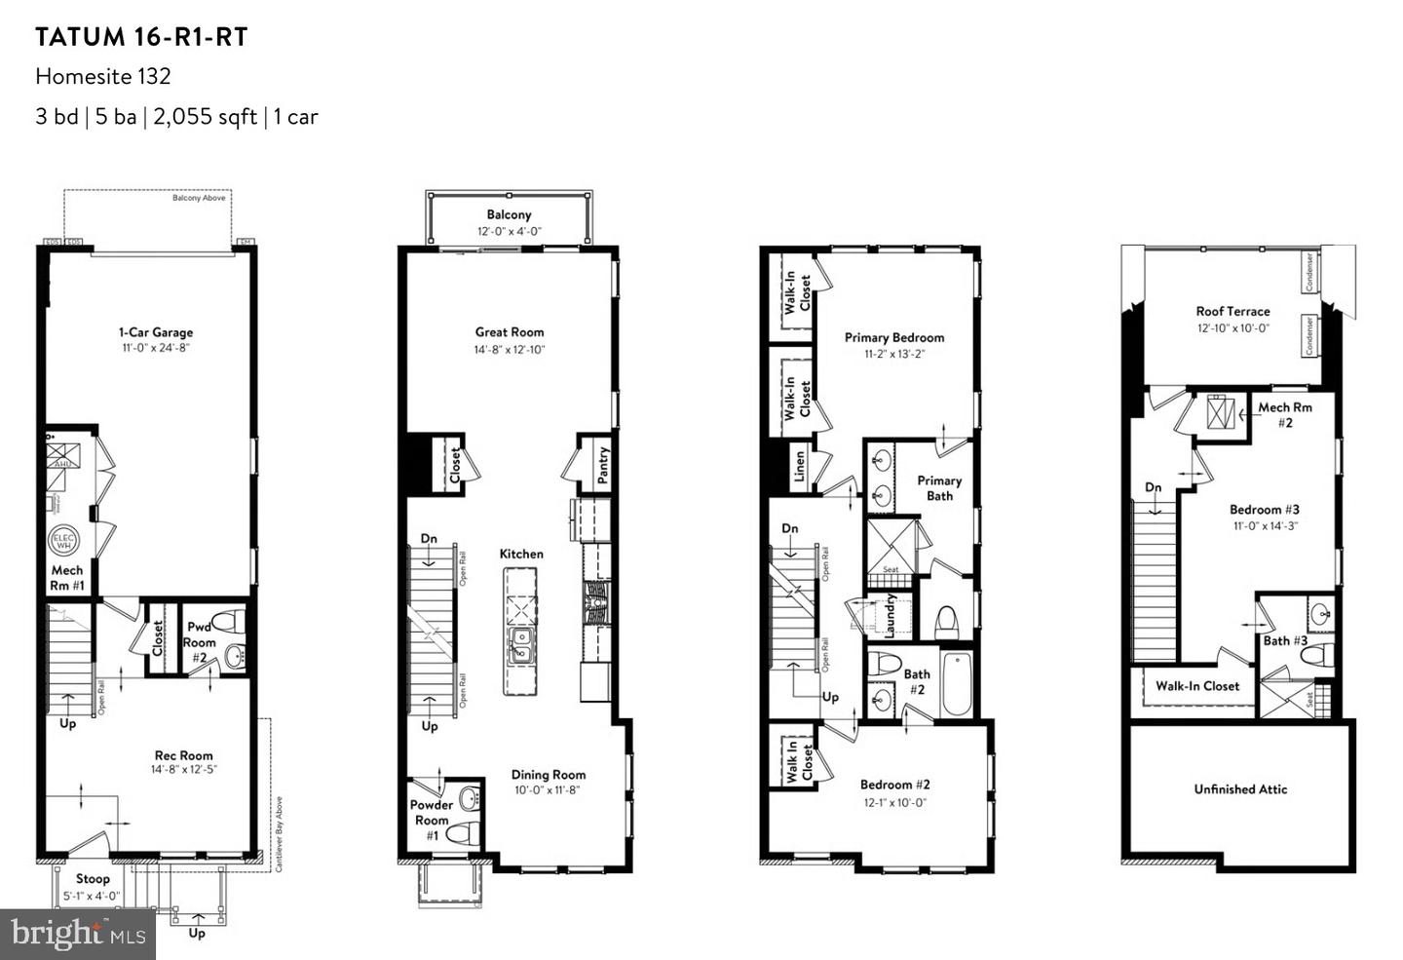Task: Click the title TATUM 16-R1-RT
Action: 141,37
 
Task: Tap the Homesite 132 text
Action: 102,76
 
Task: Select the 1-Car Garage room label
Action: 156,332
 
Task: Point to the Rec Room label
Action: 183,755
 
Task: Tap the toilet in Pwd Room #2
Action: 228,621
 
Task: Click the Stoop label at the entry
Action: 93,878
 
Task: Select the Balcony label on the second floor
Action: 509,214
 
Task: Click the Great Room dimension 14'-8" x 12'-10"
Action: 510,349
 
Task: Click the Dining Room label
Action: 549,775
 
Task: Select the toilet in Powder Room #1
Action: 466,833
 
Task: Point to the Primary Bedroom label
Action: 893,338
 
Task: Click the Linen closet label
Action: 799,467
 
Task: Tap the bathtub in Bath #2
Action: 956,682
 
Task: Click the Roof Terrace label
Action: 1232,312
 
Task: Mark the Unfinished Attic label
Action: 1240,789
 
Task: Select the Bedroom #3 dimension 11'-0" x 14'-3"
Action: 1264,525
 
